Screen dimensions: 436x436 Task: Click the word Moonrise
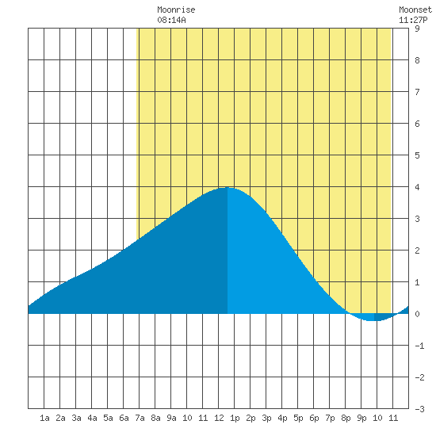(x=176, y=10)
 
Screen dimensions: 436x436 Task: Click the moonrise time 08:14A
(x=171, y=20)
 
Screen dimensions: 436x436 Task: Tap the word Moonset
(x=415, y=10)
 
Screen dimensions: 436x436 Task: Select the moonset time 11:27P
(x=413, y=20)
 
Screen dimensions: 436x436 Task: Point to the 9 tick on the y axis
(x=417, y=29)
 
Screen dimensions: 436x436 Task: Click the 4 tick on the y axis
(x=417, y=187)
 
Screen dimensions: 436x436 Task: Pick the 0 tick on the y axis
(x=417, y=314)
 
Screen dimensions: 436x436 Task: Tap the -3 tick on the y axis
(x=419, y=409)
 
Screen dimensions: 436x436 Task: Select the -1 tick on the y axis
(x=419, y=346)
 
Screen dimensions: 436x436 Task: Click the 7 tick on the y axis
(x=417, y=92)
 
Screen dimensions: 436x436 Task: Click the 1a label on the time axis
(x=44, y=418)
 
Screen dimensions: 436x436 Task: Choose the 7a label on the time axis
(x=140, y=418)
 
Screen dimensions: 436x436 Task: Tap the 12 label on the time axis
(x=219, y=418)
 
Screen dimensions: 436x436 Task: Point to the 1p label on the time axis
(x=235, y=418)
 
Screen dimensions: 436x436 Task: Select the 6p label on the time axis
(x=314, y=418)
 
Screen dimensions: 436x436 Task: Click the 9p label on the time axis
(x=361, y=418)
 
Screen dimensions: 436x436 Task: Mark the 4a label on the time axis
(x=92, y=418)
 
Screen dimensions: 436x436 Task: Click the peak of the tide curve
(x=228, y=188)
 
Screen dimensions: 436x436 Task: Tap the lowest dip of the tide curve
(x=374, y=320)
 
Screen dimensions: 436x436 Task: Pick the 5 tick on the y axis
(x=417, y=155)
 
